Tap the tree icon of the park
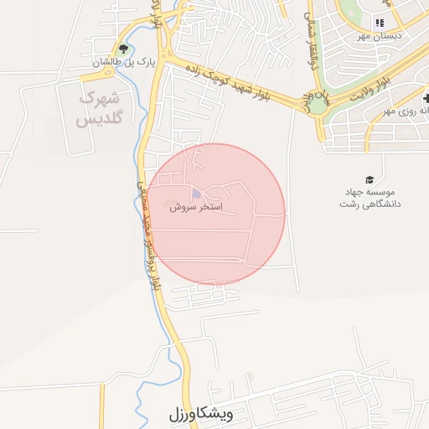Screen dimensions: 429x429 pos(125,49)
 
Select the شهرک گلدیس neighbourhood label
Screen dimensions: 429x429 pos(100,109)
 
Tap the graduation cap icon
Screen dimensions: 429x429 pos(369,179)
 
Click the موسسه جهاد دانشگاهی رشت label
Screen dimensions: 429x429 pos(370,198)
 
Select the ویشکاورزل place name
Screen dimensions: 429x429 pos(199,414)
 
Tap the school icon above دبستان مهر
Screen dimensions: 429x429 pos(380,23)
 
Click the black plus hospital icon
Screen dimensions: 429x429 pos(425,98)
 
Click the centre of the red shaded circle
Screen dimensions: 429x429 pos(217,214)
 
